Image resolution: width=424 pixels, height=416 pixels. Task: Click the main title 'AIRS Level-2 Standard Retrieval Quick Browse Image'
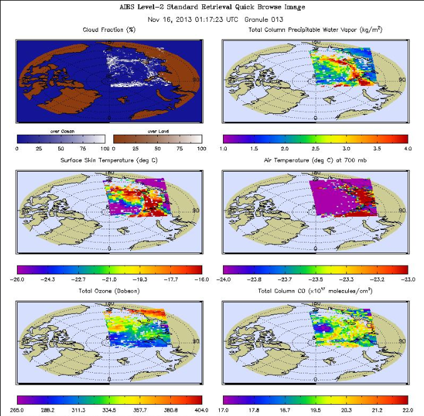coord(212,7)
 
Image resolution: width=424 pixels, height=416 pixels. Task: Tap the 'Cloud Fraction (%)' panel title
coord(110,30)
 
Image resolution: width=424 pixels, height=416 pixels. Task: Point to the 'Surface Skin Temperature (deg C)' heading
coord(109,160)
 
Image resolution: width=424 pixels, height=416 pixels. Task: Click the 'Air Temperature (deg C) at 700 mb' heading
coord(316,160)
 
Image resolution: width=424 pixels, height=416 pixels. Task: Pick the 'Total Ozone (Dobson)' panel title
coord(109,291)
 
